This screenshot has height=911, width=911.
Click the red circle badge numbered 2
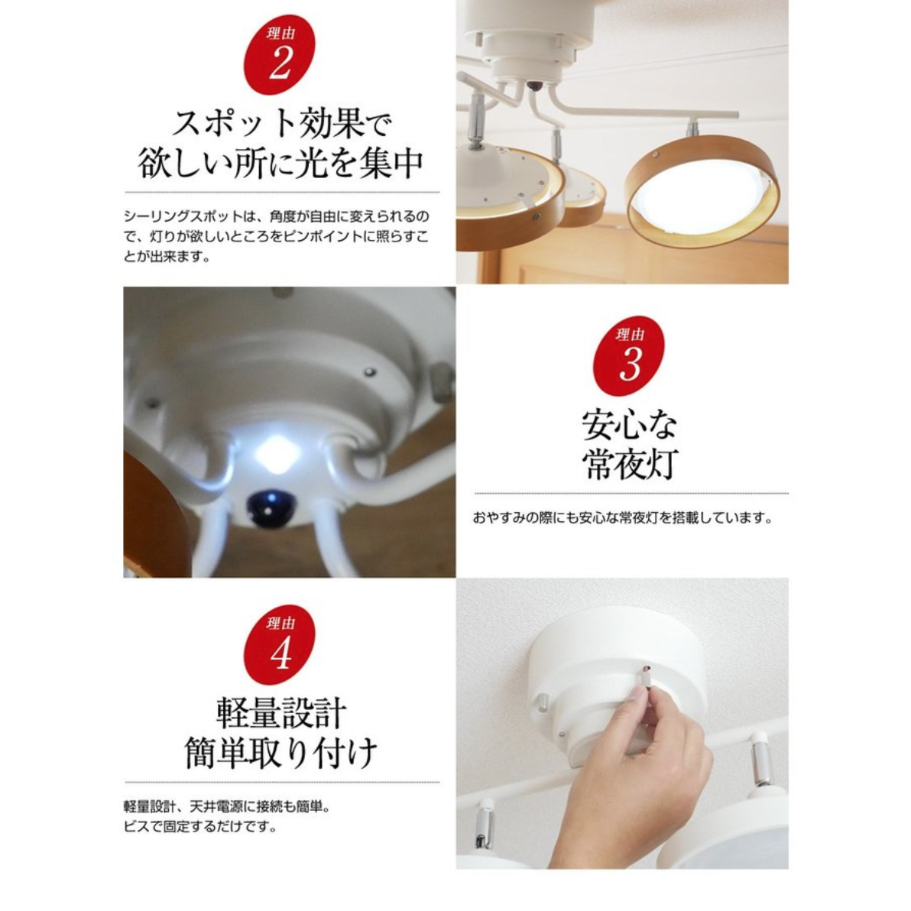coord(280,54)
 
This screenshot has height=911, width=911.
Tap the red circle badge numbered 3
coord(629,355)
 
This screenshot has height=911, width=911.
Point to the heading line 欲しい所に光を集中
coord(280,163)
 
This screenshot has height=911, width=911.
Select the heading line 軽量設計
coord(281,714)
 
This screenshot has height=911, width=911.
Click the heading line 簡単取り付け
coord(281,753)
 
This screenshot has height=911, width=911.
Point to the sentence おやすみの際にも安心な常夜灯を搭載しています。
coord(622,517)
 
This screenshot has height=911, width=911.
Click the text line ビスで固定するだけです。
coord(200,826)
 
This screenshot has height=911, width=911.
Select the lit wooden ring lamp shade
coord(702,190)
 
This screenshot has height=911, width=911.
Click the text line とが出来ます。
coord(167,257)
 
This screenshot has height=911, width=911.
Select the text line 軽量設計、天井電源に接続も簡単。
coord(227,806)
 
